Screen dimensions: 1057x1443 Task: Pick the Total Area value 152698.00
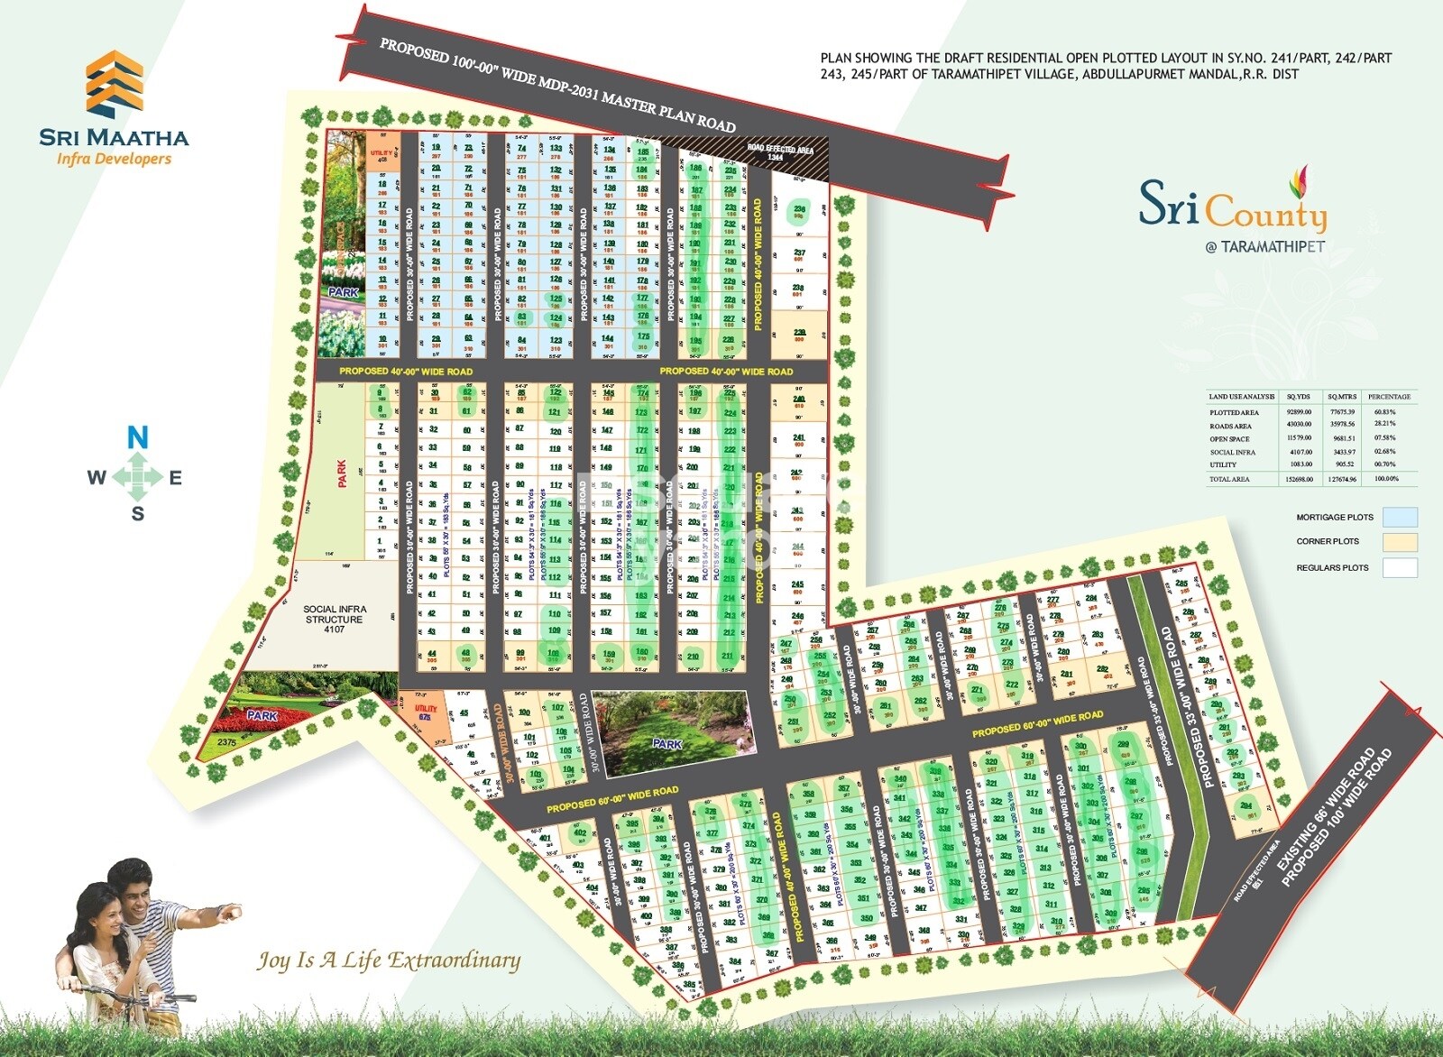tap(1298, 479)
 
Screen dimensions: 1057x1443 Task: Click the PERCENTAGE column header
tap(1389, 397)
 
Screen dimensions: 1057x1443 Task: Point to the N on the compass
tap(137, 438)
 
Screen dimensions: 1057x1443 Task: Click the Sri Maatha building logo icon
tap(114, 86)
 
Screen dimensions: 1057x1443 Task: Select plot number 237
tap(799, 253)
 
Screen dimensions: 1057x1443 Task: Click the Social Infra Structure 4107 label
tap(334, 619)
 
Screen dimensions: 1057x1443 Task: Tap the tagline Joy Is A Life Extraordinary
tap(389, 960)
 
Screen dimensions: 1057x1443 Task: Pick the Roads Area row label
tap(1230, 426)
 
